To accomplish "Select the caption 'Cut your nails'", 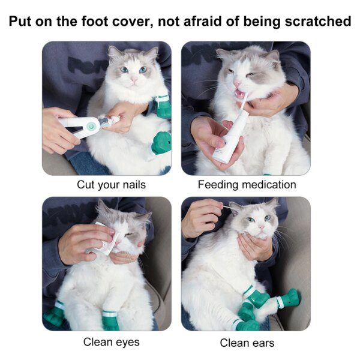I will point(111,185).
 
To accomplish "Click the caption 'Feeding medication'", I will point(247,185).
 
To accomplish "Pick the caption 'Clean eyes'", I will point(111,342).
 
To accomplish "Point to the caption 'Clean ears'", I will point(247,343).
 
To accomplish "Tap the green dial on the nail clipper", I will point(91,125).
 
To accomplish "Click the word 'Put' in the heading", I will point(22,22).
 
